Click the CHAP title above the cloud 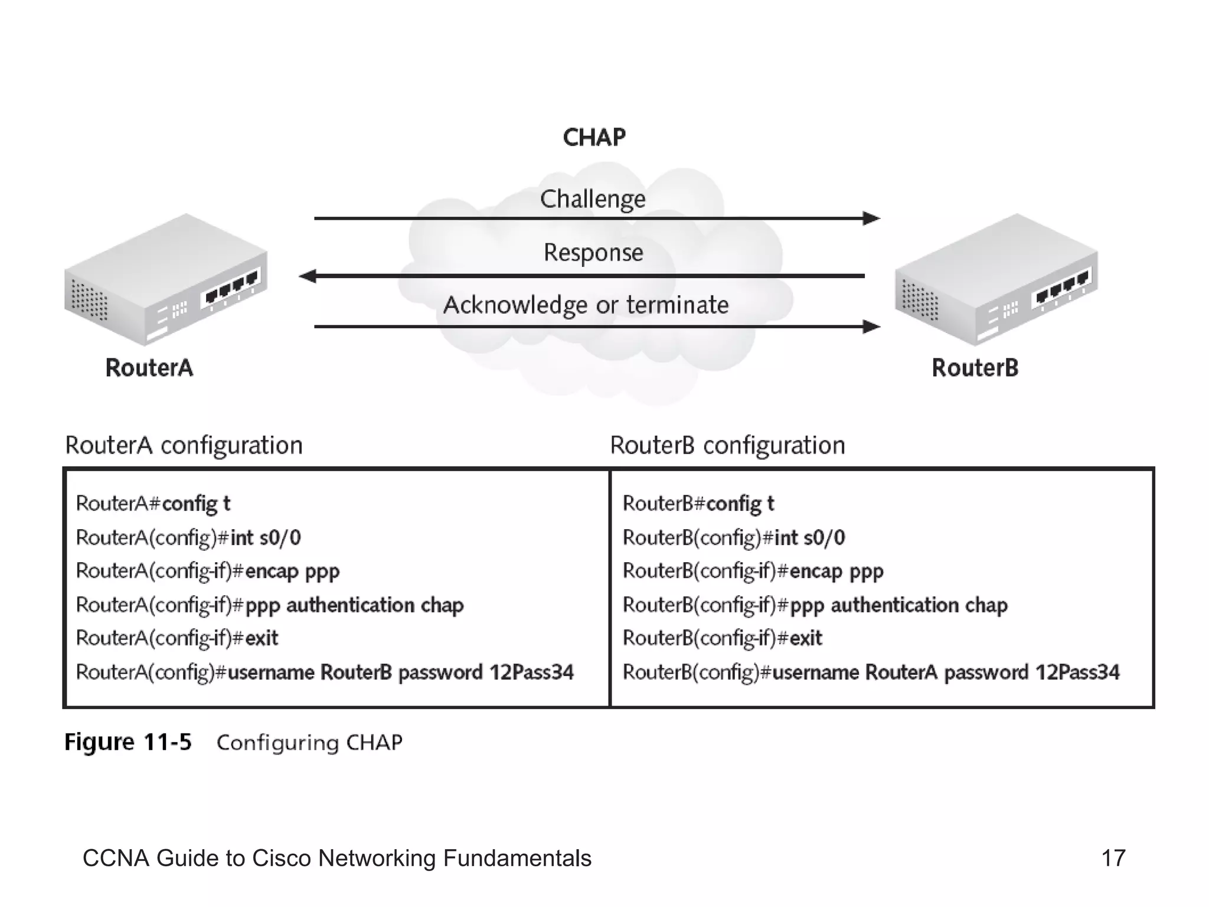point(594,138)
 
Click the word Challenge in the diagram point(593,199)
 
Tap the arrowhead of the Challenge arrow point(871,218)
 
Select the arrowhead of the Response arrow point(308,276)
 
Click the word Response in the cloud point(593,253)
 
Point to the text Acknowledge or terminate point(586,305)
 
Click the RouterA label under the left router point(149,368)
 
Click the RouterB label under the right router point(975,368)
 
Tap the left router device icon point(165,279)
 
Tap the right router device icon point(996,279)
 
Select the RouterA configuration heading point(184,445)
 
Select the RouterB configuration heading point(727,445)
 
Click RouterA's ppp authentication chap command point(354,605)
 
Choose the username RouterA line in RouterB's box point(871,673)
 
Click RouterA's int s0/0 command point(265,538)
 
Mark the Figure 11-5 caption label point(128,742)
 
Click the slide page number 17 point(1113,858)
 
